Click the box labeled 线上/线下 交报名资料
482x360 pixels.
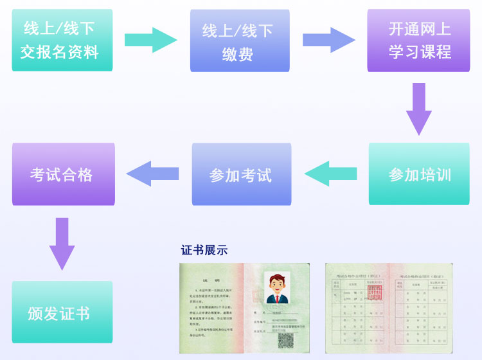tap(62, 40)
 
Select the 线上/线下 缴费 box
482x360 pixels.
tap(240, 40)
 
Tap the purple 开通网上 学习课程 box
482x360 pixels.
tap(418, 40)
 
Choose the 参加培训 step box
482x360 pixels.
tap(419, 174)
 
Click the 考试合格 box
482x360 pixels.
tap(63, 174)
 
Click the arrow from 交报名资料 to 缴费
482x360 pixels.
tap(150, 40)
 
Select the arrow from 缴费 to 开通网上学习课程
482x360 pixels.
tap(328, 40)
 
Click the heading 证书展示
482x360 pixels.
tap(204, 250)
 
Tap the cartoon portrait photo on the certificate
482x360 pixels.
tap(277, 288)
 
